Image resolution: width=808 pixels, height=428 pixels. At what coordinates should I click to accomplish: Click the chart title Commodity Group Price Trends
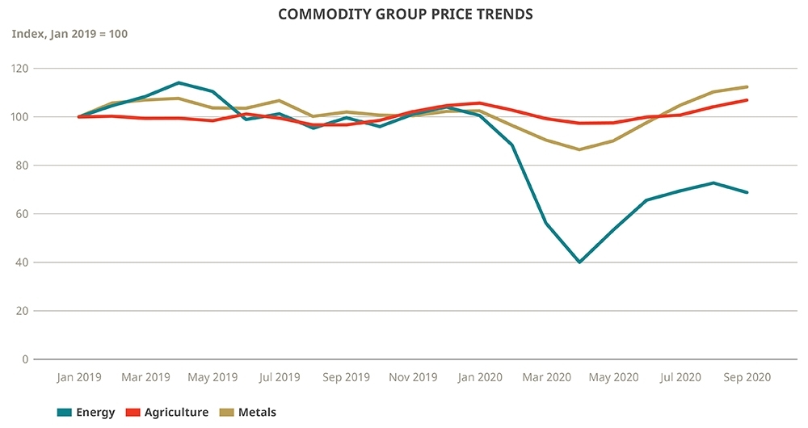[405, 15]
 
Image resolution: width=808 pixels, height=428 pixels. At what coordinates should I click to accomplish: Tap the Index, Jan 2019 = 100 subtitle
[69, 34]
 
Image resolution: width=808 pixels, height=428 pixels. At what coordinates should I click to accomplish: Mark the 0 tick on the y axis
[24, 359]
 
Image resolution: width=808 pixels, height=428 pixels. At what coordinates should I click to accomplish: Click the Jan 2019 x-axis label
[78, 377]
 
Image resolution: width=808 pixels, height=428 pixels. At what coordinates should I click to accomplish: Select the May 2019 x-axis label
[213, 377]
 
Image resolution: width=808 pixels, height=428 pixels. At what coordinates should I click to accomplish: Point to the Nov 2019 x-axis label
[413, 377]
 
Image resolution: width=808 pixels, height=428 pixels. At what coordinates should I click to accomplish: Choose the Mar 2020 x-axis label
[547, 377]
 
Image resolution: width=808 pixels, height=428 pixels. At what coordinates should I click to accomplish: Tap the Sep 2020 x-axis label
[747, 377]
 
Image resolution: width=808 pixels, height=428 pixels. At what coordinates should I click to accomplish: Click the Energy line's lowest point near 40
[579, 262]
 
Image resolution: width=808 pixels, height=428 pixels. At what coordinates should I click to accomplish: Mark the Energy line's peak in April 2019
[179, 82]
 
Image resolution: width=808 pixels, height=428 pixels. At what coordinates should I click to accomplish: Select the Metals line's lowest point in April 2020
[579, 149]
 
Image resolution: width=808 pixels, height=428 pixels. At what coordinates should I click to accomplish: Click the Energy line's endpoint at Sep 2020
[747, 192]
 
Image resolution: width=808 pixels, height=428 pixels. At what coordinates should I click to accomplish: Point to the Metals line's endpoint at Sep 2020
[747, 87]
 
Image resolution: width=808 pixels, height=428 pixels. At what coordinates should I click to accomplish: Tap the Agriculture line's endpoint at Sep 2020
[747, 100]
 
